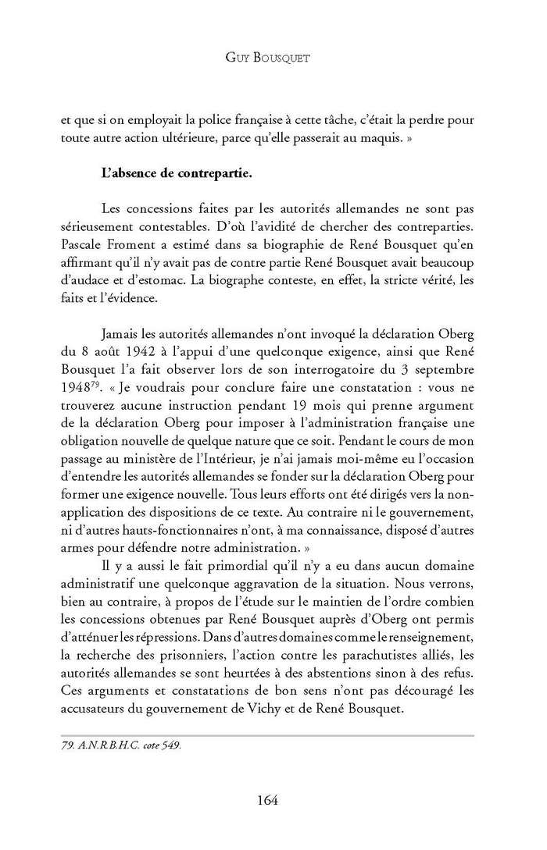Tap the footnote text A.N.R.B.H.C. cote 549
point(120,745)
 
